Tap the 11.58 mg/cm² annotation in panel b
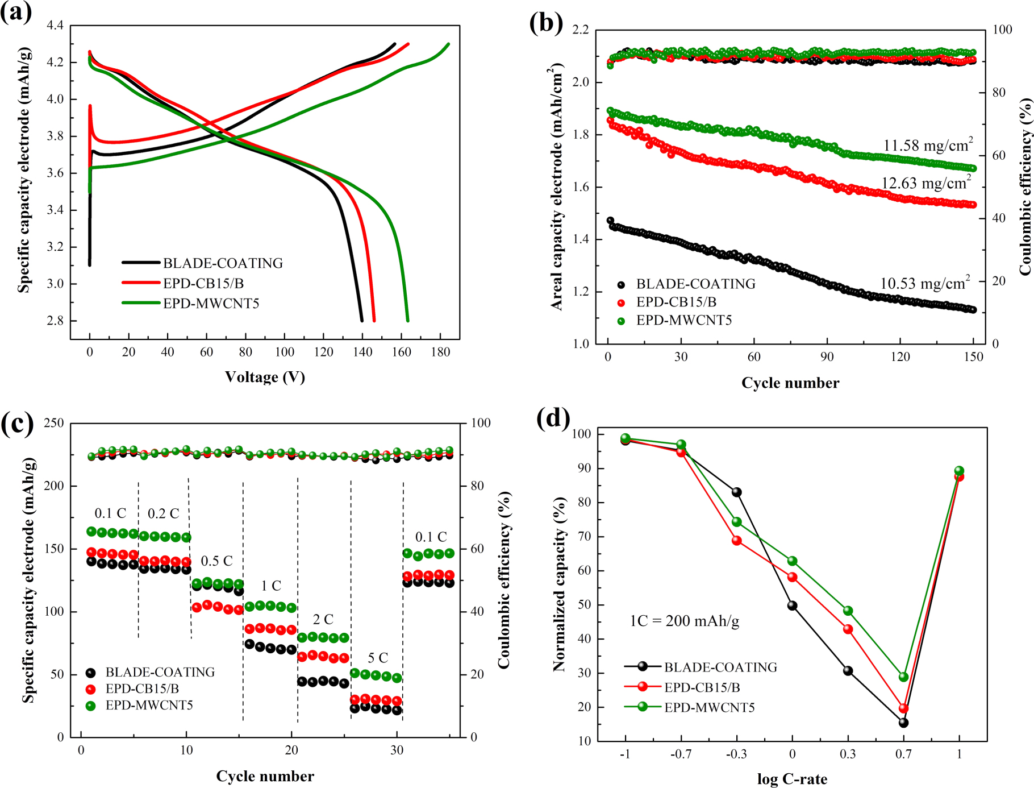(927, 146)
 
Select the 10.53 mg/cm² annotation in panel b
(924, 283)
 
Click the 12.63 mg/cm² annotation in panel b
(926, 183)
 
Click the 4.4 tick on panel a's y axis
(55, 25)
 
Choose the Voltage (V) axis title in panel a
(265, 377)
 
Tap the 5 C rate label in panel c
(378, 658)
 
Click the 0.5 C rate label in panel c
(216, 561)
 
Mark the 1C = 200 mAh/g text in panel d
(684, 621)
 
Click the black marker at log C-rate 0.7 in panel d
(903, 723)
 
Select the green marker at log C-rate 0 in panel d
(792, 561)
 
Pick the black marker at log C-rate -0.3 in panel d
(736, 492)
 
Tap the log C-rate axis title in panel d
(792, 779)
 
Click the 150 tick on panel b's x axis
(973, 357)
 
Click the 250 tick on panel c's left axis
(54, 423)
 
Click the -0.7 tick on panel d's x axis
(681, 754)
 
